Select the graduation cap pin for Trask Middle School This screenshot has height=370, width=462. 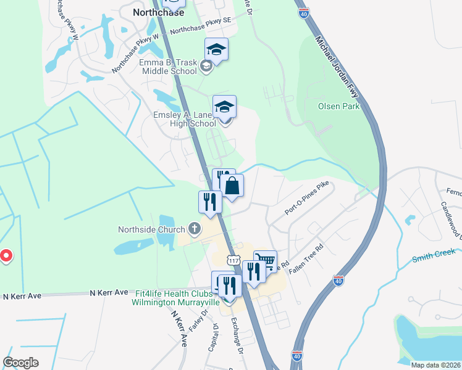216,49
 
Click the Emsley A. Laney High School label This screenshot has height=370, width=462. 185,118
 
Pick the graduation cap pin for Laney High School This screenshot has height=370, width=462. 224,107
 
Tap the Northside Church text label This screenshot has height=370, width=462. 151,229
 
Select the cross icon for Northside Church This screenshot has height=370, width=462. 194,229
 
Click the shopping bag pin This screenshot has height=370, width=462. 232,186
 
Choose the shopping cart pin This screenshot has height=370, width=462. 265,260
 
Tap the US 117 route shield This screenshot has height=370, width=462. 233,261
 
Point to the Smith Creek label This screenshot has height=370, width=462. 434,253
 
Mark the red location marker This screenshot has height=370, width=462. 5,255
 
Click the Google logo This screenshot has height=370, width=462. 21,363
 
